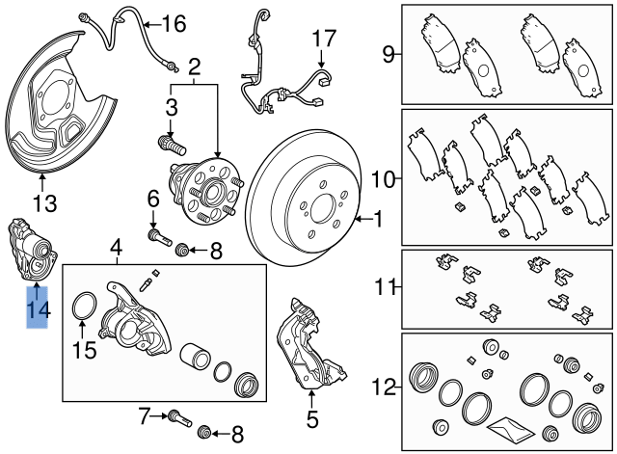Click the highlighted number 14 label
coord(38,310)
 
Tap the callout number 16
coord(173,24)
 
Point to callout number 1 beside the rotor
coord(377,221)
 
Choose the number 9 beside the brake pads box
coord(388,54)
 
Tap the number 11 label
coord(385,286)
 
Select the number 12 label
coord(385,388)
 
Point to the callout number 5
coord(311,419)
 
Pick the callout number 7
coord(144,416)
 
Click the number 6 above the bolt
coord(152,200)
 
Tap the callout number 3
coord(171,105)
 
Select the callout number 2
coord(195,67)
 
